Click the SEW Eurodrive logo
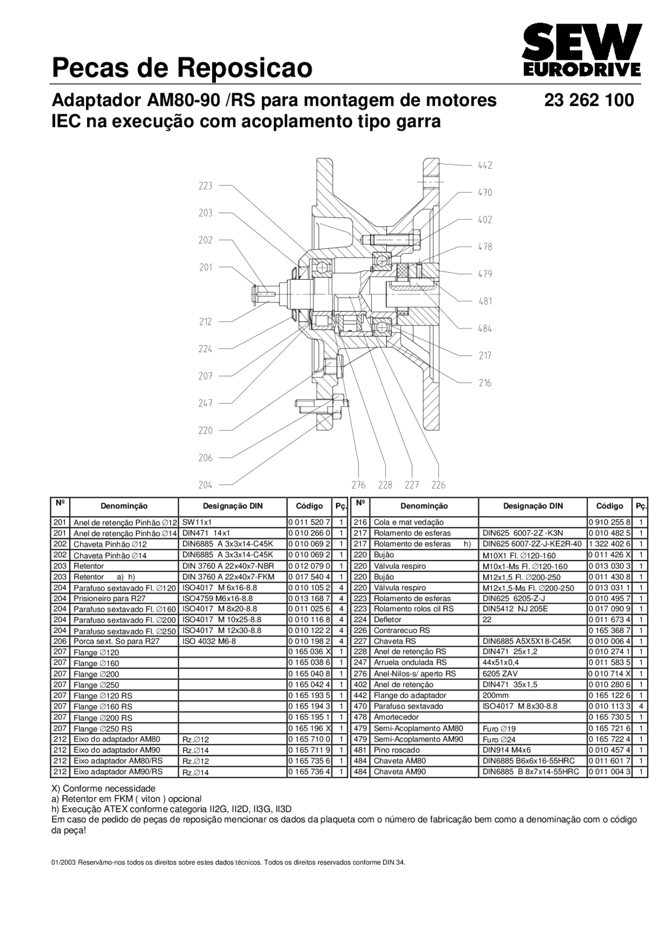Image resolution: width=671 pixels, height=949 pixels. click(x=581, y=51)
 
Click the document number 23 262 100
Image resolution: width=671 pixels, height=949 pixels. click(x=589, y=100)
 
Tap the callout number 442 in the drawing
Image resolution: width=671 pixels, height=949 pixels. click(x=485, y=165)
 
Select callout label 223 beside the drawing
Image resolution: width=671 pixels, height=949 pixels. click(x=205, y=186)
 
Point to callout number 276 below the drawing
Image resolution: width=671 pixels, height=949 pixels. click(x=359, y=485)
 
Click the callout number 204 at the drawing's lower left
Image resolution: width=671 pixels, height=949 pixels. click(x=205, y=485)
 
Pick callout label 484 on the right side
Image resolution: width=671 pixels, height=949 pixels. click(x=485, y=329)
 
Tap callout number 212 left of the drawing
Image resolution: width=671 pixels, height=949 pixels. click(x=205, y=322)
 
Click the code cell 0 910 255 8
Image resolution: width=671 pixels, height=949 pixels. click(x=609, y=522)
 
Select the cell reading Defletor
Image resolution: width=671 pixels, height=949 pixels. click(x=387, y=619)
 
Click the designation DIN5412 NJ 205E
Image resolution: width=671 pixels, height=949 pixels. click(x=515, y=608)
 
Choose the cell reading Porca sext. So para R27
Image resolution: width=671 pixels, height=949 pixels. click(x=116, y=641)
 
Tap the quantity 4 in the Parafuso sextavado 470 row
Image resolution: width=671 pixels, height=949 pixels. click(x=641, y=706)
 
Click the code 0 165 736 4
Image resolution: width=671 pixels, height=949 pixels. click(x=309, y=771)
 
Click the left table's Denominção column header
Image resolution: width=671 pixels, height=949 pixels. click(x=124, y=506)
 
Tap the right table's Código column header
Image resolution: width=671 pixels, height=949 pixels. click(x=609, y=506)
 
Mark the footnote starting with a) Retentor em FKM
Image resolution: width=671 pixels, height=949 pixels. click(x=126, y=799)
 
